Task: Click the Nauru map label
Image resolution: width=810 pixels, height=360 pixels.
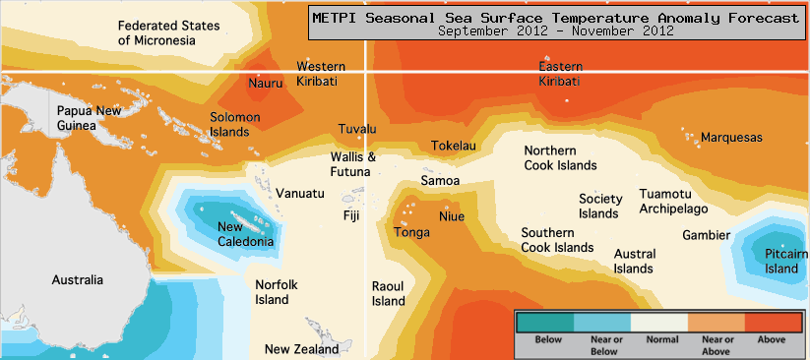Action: (265, 84)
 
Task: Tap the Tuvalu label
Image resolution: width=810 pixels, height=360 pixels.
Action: (357, 130)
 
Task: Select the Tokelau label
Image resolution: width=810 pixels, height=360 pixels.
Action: (453, 147)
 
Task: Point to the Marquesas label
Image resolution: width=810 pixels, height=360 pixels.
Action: (731, 138)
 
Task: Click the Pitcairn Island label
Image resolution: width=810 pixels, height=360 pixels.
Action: (781, 262)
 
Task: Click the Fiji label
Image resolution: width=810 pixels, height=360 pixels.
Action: (351, 215)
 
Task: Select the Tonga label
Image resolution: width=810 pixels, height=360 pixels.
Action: (411, 233)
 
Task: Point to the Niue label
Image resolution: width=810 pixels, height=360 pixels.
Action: (451, 216)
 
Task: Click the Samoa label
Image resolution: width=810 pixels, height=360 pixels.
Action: (440, 181)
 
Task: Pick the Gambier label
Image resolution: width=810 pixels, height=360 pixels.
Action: (706, 235)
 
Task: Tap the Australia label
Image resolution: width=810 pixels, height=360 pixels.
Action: (77, 280)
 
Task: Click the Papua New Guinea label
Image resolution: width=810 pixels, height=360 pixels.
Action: (90, 118)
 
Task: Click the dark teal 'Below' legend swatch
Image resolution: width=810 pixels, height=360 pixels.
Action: (546, 322)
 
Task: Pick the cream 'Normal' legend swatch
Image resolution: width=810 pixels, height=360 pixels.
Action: (658, 322)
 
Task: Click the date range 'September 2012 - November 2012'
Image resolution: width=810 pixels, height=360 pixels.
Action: (555, 30)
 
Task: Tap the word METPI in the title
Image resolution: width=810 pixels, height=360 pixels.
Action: (339, 17)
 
